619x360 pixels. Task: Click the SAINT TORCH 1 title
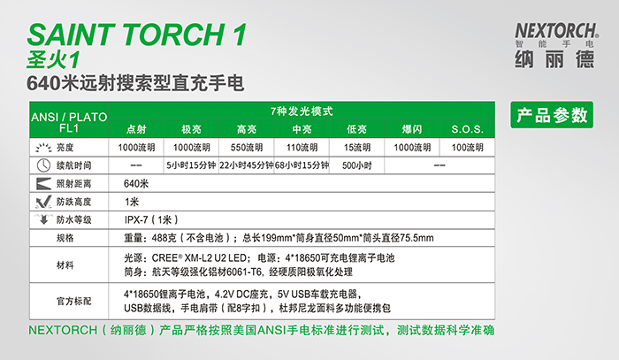click(x=136, y=34)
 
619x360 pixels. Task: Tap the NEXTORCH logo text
click(x=556, y=31)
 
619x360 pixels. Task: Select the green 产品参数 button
click(x=552, y=115)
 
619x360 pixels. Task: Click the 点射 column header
click(x=136, y=129)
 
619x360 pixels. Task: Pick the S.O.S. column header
click(x=467, y=129)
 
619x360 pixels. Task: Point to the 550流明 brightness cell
click(x=247, y=148)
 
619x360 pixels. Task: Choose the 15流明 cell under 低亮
click(x=357, y=148)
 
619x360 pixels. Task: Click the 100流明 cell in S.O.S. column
click(x=468, y=148)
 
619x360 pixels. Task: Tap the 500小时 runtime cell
click(x=357, y=165)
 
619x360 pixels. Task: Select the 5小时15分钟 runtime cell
click(x=191, y=165)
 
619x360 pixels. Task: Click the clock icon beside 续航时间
click(x=43, y=165)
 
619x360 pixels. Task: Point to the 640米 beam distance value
click(x=136, y=184)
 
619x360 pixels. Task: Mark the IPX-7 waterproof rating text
click(x=151, y=220)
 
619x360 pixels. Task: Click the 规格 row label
click(x=65, y=238)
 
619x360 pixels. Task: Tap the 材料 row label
click(x=65, y=264)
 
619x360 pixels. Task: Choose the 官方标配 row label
click(x=73, y=302)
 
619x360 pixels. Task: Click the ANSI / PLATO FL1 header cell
click(x=69, y=122)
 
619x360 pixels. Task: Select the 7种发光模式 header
click(x=302, y=111)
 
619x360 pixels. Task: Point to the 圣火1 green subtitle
click(x=53, y=60)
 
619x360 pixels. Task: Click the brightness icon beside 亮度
click(x=43, y=148)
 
